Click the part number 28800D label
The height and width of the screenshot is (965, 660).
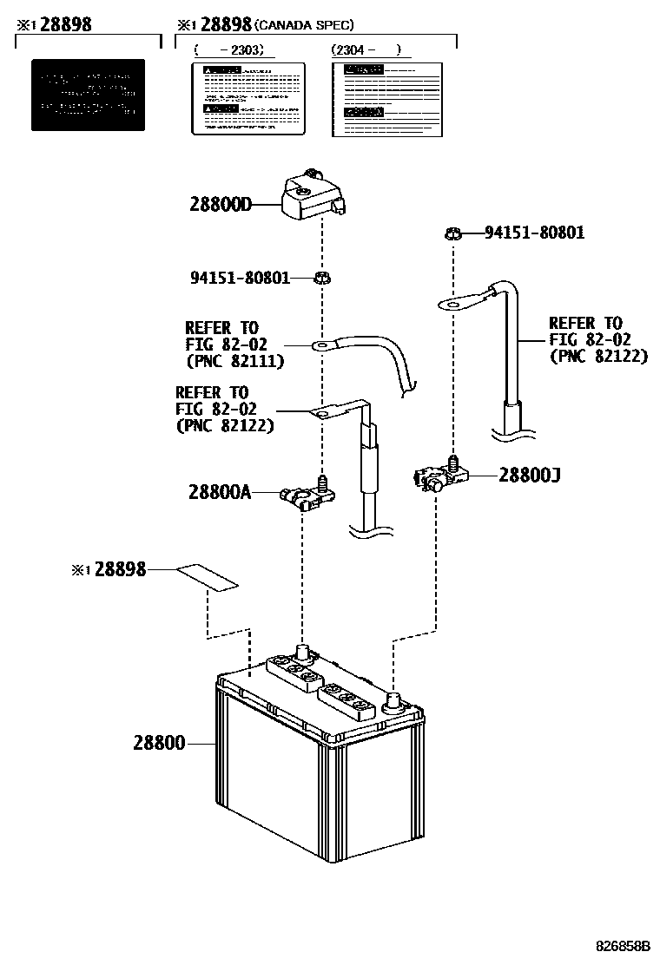tap(221, 206)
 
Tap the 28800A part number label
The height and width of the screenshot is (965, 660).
tap(219, 492)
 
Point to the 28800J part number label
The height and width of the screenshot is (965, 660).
tap(530, 475)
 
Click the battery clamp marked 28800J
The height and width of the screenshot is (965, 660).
tap(439, 476)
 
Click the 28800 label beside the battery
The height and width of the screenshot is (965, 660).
tap(159, 743)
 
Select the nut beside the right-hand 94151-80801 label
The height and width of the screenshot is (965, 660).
tap(452, 233)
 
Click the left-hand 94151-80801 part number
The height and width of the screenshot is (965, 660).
tap(240, 278)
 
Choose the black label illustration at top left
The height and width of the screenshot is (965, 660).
tap(88, 95)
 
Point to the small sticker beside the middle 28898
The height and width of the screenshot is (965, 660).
tap(208, 577)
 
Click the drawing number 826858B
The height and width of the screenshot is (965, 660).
tap(622, 944)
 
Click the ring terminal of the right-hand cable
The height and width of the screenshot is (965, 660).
tap(457, 303)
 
